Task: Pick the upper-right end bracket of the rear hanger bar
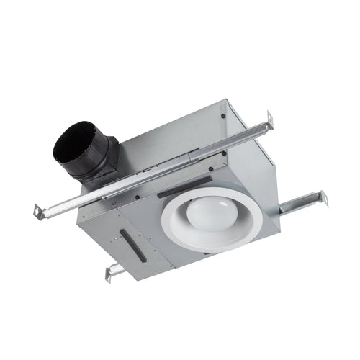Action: coord(269,118)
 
